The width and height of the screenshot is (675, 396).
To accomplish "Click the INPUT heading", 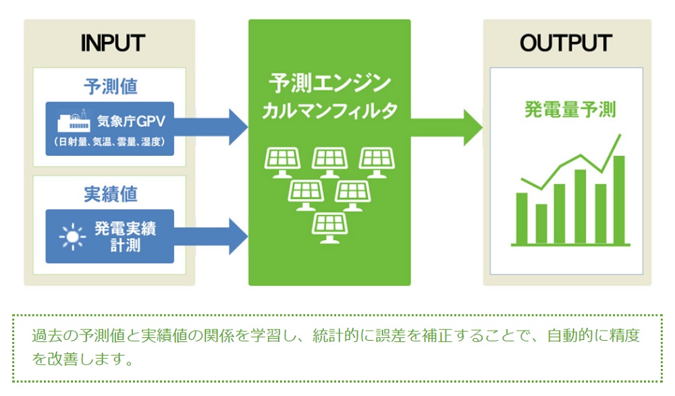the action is tap(113, 43).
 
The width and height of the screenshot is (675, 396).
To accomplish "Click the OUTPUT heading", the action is tap(566, 43).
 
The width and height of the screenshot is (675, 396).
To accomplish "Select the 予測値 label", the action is tap(111, 86).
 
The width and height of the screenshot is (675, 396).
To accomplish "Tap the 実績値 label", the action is tap(111, 194).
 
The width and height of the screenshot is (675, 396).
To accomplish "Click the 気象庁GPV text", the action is tap(132, 121).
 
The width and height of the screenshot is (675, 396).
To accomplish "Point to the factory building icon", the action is tap(74, 121).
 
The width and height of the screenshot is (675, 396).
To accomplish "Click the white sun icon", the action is tap(72, 237).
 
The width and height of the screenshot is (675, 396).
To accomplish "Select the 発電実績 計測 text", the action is tap(126, 236).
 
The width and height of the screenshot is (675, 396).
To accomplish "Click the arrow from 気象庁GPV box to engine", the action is tap(211, 127).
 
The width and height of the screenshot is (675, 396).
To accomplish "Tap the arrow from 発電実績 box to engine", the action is tap(211, 236).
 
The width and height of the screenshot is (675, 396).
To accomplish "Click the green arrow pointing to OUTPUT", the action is tap(446, 128).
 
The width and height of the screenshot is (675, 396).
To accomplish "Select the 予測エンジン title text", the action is tap(330, 83).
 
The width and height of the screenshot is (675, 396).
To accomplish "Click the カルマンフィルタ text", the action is tap(330, 111).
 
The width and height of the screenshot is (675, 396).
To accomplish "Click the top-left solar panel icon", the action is tap(282, 163).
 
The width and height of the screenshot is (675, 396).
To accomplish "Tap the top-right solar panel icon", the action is tap(377, 163).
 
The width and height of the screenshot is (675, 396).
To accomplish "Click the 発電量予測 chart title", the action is tap(570, 109).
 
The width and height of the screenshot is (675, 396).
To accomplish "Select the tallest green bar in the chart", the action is tap(619, 200).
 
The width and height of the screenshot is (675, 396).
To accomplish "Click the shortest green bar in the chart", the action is tap(541, 224).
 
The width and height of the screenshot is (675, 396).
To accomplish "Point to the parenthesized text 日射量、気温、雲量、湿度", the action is tap(109, 142).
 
